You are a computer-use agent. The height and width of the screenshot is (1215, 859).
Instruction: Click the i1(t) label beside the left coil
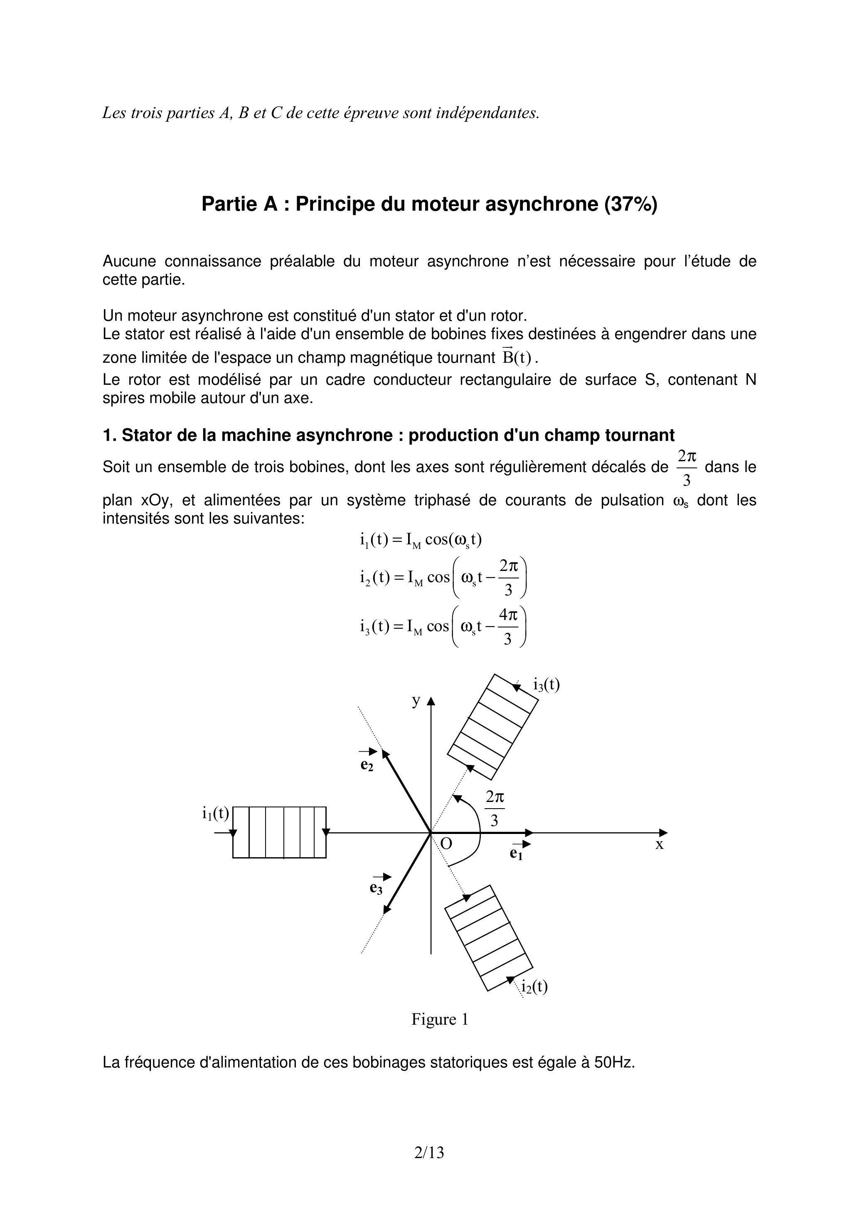click(x=215, y=813)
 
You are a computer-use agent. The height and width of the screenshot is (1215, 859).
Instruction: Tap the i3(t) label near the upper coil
click(x=546, y=685)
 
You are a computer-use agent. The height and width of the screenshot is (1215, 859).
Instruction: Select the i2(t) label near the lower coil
click(x=534, y=986)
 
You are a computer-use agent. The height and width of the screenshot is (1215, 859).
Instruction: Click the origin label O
click(x=446, y=844)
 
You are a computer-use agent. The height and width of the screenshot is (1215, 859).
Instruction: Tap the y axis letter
click(x=416, y=701)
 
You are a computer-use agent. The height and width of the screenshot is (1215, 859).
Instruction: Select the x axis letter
click(x=659, y=845)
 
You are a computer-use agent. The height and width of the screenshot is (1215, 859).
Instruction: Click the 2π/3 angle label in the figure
click(x=495, y=808)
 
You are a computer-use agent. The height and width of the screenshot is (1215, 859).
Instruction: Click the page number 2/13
click(x=429, y=1152)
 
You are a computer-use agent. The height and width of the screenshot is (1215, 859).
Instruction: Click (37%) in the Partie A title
click(x=631, y=204)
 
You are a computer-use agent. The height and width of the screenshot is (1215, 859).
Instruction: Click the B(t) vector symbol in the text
click(x=516, y=358)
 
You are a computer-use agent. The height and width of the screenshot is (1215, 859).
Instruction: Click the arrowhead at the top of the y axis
click(x=431, y=701)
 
